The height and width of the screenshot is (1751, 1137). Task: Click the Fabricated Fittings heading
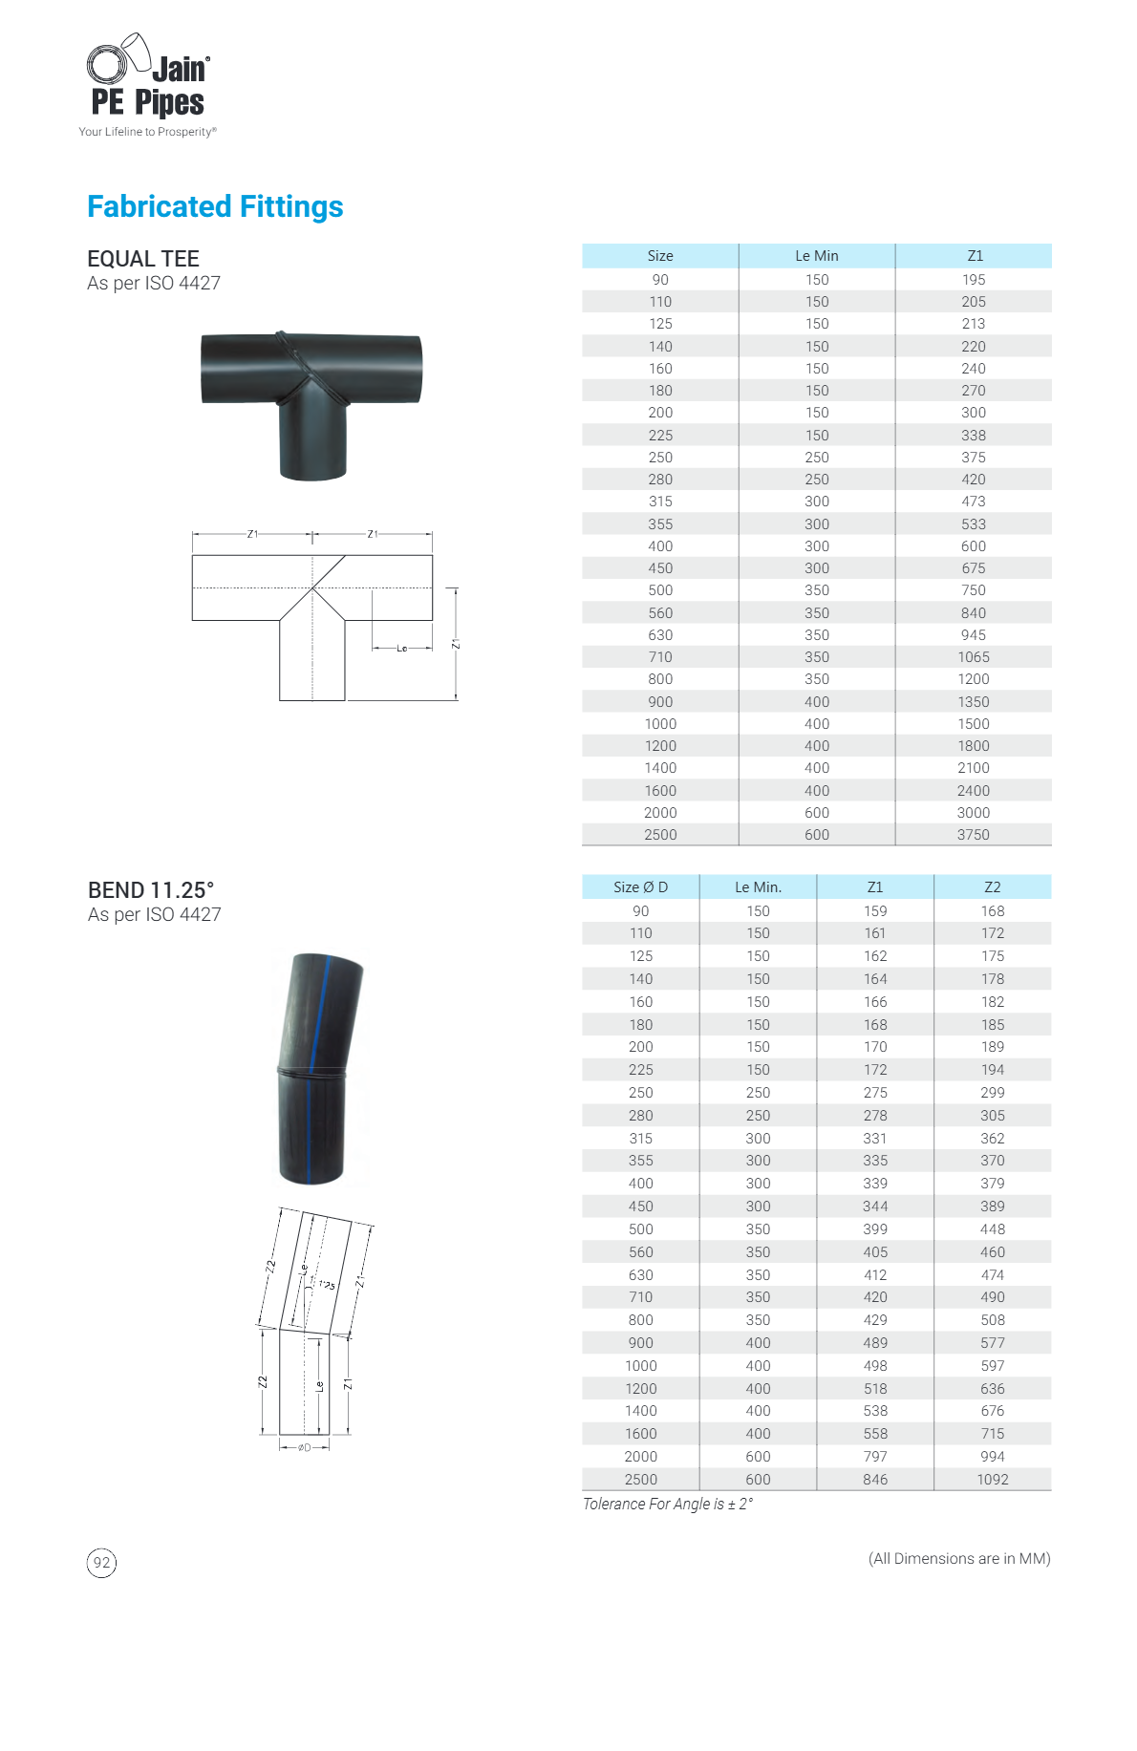pos(215,206)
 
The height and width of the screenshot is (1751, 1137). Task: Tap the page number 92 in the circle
pos(101,1563)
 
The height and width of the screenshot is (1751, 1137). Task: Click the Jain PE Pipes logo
pos(148,85)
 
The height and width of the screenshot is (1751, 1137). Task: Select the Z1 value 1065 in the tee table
pos(974,657)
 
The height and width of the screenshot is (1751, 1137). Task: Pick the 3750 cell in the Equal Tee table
pos(974,835)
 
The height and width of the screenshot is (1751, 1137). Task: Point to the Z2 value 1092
pos(993,1480)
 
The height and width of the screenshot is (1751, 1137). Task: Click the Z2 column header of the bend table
pos(993,887)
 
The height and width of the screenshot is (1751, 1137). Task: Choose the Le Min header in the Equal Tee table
pos(817,256)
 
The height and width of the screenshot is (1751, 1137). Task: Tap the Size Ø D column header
pos(641,887)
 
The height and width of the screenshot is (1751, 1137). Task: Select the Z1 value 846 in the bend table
pos(875,1480)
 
